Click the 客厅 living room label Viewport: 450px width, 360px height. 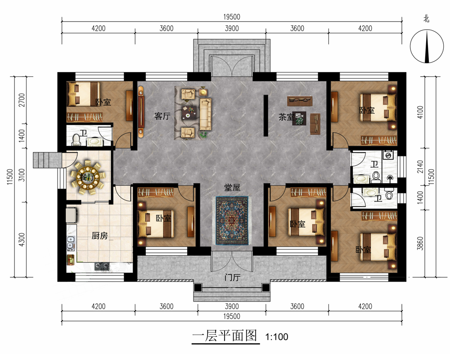click(162, 116)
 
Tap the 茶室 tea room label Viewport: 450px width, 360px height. click(286, 117)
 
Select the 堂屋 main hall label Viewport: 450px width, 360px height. click(232, 188)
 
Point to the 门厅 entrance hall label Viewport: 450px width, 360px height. click(233, 278)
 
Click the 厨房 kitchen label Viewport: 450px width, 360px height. click(100, 236)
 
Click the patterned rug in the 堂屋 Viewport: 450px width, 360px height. click(232, 220)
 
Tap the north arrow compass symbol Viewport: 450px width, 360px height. click(427, 46)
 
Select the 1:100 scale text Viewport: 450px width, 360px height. click(277, 337)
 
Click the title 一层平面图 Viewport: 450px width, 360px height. click(225, 336)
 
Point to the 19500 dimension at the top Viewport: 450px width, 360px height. click(232, 17)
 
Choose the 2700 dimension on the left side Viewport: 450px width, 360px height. click(22, 100)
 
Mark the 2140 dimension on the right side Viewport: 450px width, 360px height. click(420, 167)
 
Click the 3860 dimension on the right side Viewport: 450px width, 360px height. click(420, 243)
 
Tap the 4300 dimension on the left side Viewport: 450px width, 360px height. click(22, 239)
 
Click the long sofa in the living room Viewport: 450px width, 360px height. click(205, 114)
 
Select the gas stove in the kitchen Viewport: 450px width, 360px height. click(102, 267)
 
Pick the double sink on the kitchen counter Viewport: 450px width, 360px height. click(71, 243)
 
